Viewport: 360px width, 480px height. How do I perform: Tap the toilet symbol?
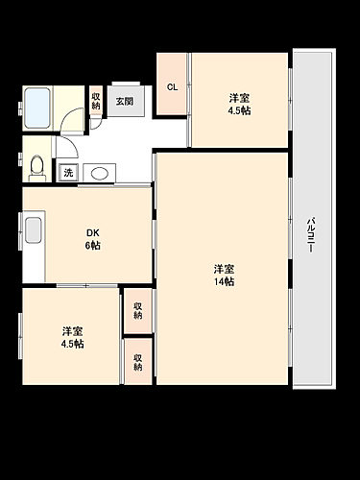36,168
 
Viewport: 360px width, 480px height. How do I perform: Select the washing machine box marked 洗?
68,174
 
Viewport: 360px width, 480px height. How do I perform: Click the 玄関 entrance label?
125,100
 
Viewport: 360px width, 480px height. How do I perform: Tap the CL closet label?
173,87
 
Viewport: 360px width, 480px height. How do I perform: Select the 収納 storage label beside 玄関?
96,100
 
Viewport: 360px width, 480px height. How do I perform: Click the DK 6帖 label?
92,238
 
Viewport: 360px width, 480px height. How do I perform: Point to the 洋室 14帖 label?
225,275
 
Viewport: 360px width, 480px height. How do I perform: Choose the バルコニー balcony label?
311,233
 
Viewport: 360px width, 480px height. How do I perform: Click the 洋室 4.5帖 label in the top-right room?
240,104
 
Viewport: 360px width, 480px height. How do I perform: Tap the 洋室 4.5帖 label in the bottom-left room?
72,336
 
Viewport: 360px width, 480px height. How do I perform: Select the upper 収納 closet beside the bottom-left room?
138,309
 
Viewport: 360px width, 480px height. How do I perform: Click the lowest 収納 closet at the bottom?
138,361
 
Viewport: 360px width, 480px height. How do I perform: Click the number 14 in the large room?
220,281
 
